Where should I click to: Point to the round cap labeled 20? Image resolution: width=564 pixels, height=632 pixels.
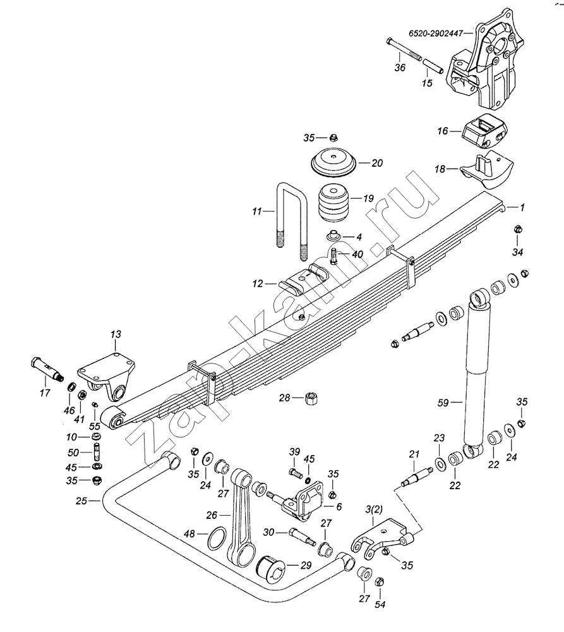[334, 163]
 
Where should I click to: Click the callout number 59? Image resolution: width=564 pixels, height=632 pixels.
[443, 403]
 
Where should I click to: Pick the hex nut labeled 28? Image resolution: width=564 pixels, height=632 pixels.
[311, 399]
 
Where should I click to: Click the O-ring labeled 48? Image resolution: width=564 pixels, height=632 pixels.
[217, 538]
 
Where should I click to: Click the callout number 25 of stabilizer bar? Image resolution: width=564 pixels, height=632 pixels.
[81, 501]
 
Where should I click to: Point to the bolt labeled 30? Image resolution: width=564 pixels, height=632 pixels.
[302, 536]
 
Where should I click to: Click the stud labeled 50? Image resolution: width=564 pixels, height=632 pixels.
[97, 452]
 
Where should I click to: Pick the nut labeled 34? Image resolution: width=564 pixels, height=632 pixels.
[518, 229]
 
